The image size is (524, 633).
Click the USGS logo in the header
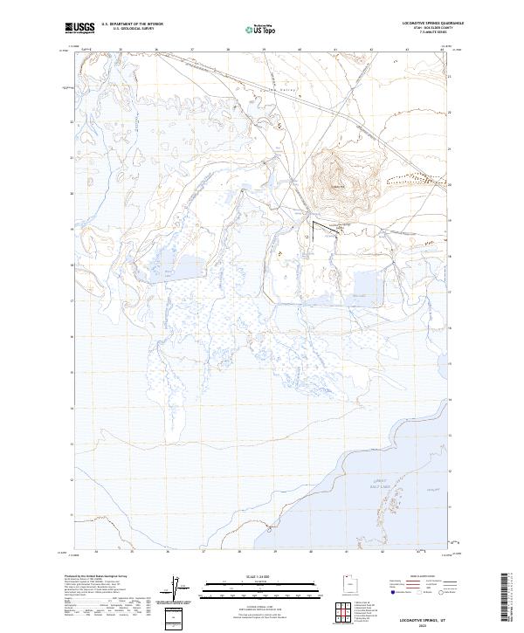coord(79,29)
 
